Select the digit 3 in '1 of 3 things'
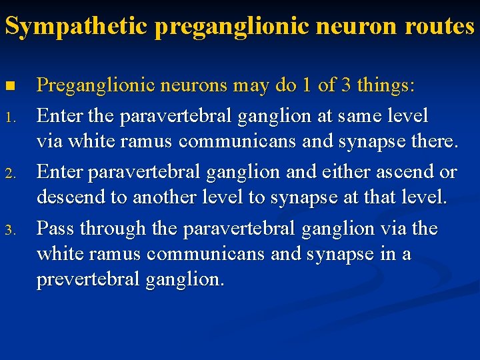347,86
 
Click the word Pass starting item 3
55,229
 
